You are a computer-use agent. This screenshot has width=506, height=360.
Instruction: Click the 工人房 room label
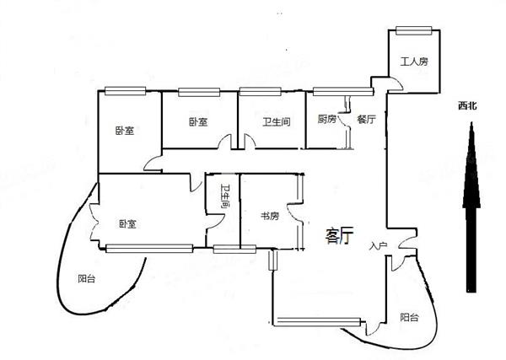click(414, 62)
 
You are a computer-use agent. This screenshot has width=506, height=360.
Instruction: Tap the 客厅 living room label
click(340, 235)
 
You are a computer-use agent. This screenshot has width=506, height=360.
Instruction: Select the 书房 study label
click(270, 216)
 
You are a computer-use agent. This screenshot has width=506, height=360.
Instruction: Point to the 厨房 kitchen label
click(327, 120)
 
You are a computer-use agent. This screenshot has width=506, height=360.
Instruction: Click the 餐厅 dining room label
click(367, 120)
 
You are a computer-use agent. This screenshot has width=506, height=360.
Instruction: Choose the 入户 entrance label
click(378, 246)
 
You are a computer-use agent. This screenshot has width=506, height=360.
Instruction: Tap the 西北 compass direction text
click(467, 105)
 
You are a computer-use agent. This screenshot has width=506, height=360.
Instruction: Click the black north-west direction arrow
click(471, 207)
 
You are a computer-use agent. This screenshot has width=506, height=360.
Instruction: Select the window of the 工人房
click(414, 30)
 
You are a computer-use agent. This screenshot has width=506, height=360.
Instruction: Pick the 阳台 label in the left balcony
click(87, 279)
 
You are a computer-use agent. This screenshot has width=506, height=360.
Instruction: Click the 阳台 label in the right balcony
click(410, 317)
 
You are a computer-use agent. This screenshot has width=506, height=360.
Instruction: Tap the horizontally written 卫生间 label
click(277, 122)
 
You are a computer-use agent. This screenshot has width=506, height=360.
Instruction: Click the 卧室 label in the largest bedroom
click(128, 224)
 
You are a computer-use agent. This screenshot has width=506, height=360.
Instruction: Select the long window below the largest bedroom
click(149, 249)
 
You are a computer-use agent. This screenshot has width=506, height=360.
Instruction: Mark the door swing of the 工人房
click(396, 84)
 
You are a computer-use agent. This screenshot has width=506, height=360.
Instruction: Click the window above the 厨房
click(343, 92)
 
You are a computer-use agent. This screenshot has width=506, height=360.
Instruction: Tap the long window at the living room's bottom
click(319, 321)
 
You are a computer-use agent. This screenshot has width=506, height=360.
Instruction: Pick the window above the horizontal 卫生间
click(260, 92)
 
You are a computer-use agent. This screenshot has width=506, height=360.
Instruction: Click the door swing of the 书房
click(294, 213)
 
